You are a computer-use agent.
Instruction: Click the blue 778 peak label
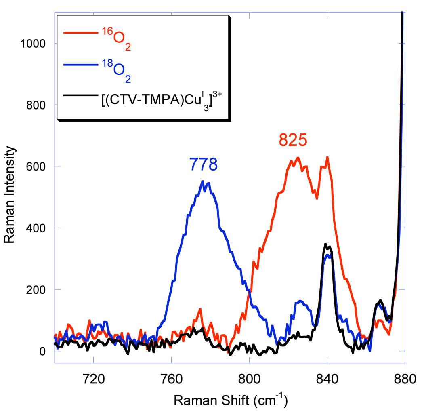(x=204, y=164)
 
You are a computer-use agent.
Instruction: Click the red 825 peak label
(x=293, y=140)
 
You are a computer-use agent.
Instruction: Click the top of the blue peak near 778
(x=203, y=181)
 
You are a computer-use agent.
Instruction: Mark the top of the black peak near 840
(x=325, y=244)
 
